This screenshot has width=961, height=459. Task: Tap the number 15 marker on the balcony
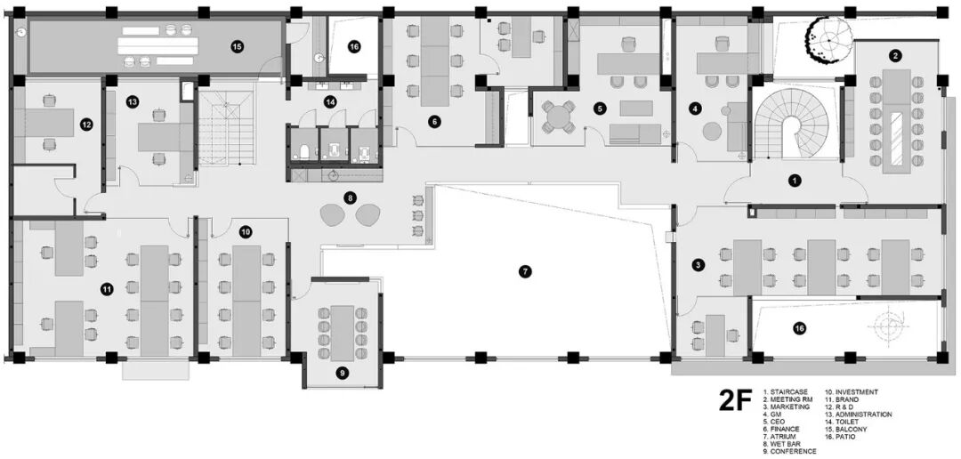(x=237, y=46)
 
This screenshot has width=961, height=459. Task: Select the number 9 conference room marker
(x=343, y=371)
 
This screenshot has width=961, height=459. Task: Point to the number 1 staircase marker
(x=795, y=181)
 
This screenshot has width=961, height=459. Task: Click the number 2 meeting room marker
(x=895, y=56)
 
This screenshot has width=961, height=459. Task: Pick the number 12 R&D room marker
(x=86, y=125)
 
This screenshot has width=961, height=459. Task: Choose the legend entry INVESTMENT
(x=857, y=391)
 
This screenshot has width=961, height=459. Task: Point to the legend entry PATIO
(x=845, y=437)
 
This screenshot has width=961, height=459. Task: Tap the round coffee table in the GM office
(x=712, y=131)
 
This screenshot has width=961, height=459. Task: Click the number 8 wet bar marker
(x=350, y=198)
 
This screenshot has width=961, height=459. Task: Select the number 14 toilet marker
(x=331, y=101)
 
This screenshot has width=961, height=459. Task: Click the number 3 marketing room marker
(x=698, y=265)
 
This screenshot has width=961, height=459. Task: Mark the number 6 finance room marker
(x=434, y=121)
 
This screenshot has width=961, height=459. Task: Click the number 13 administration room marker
(x=133, y=101)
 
